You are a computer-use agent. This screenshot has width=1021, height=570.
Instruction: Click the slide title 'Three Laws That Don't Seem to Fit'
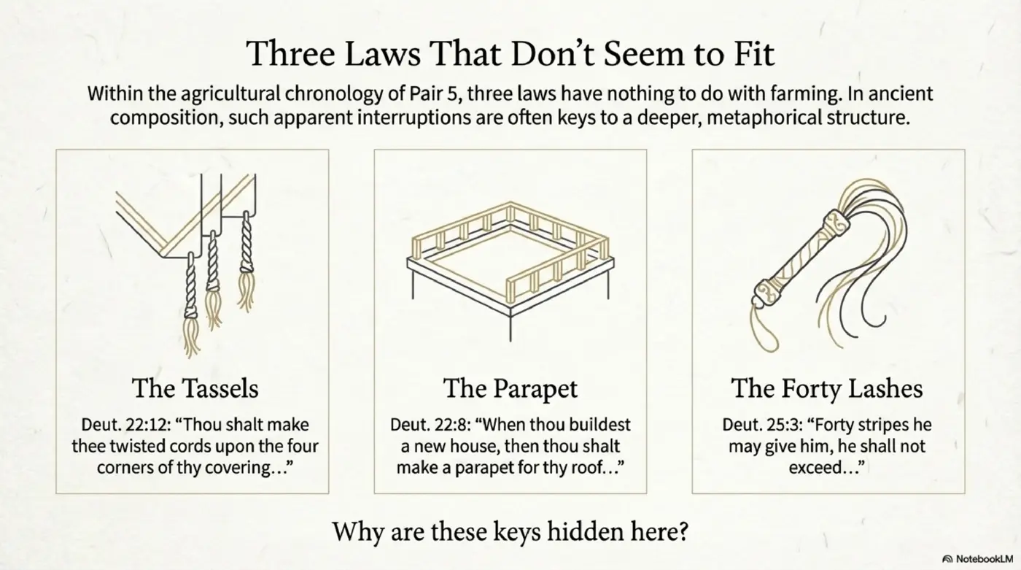click(510, 54)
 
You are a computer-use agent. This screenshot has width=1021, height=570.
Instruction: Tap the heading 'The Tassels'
click(195, 388)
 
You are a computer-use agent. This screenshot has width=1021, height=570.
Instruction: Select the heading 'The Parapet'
click(510, 388)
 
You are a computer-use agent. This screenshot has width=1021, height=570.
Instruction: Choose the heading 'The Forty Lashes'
click(826, 388)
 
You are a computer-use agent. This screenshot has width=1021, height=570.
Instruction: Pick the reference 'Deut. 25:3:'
click(755, 425)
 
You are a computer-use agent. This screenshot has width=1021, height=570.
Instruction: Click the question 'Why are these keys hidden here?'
click(510, 531)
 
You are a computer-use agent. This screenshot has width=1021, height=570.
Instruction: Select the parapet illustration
click(510, 259)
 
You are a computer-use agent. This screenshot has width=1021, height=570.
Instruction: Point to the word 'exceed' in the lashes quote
click(818, 466)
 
